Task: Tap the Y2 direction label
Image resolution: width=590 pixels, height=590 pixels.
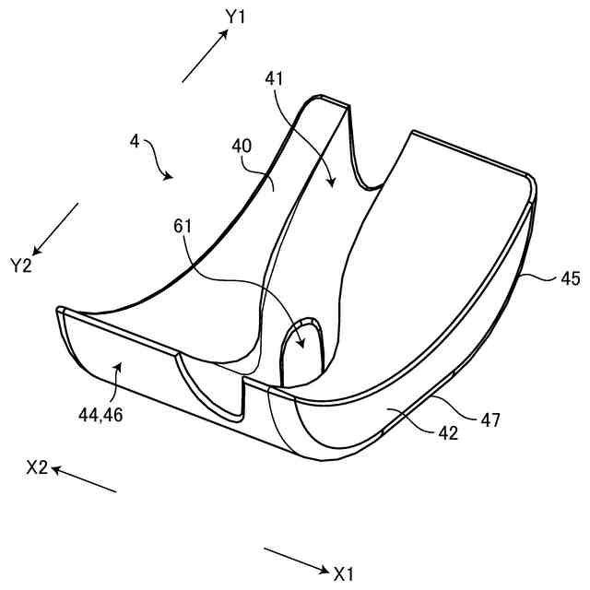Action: click(22, 265)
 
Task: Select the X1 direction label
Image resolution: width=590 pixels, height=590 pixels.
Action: click(344, 574)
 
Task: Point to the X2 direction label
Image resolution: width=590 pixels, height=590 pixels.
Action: click(38, 467)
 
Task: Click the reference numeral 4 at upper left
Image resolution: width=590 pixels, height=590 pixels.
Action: click(135, 142)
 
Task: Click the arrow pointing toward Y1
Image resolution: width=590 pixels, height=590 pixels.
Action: click(205, 57)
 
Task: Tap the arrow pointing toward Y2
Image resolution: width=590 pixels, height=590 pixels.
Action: click(56, 230)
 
